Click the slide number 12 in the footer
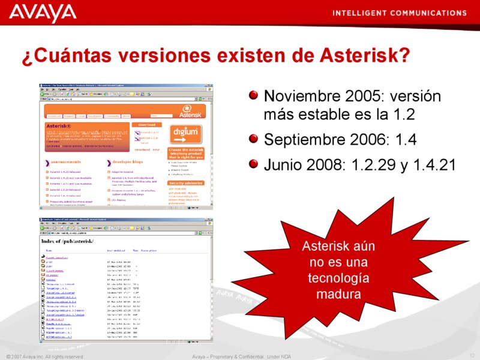pyautogui.click(x=472, y=356)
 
